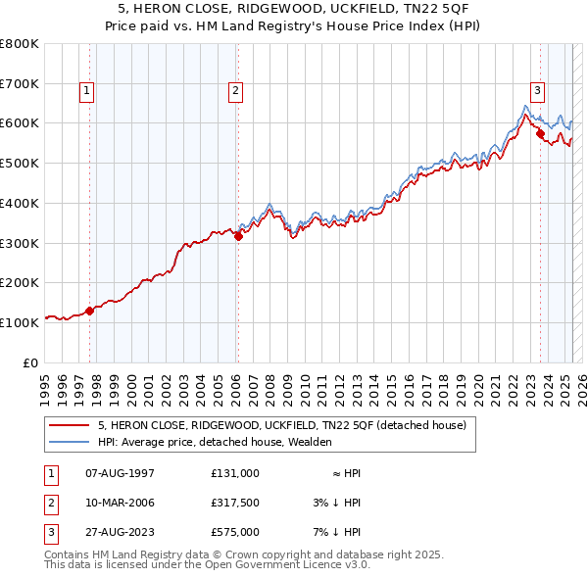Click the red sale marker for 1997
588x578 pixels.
tap(89, 311)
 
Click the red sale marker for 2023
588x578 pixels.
tap(540, 133)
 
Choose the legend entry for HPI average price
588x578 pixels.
tap(215, 442)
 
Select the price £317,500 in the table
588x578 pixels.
tap(234, 503)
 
